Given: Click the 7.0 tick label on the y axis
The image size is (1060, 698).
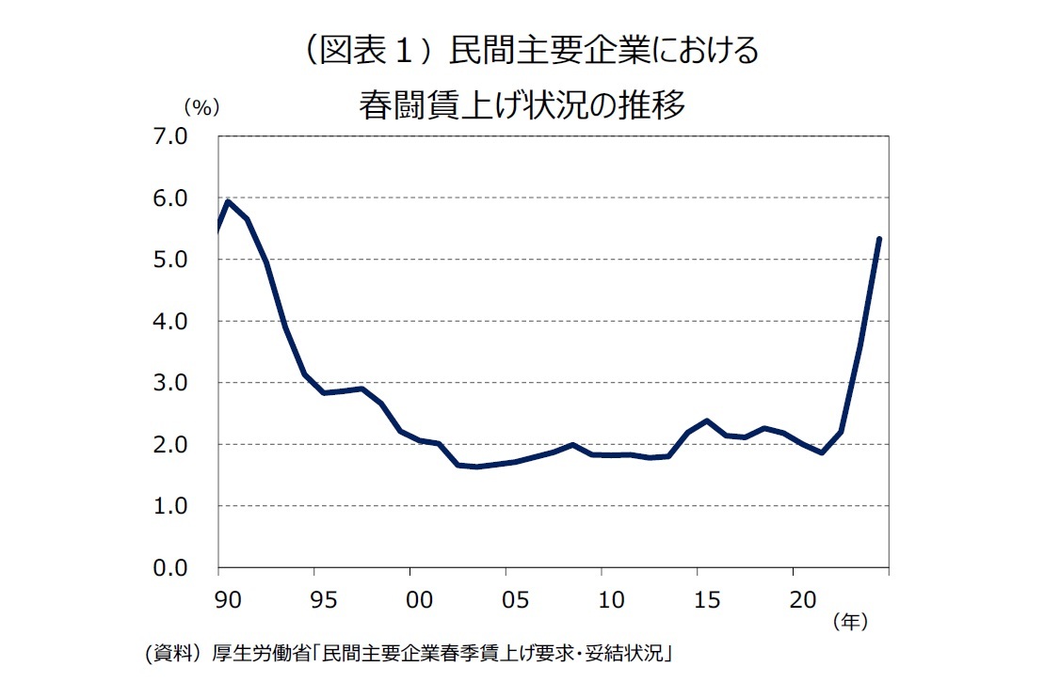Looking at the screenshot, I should click(192, 136).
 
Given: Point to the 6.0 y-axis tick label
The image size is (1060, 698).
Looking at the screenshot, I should click(192, 198).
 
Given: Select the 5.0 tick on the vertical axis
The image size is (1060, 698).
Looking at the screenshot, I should click(192, 260).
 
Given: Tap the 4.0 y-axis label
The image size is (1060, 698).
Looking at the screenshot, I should click(192, 322).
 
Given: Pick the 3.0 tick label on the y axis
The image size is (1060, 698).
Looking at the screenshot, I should click(192, 383).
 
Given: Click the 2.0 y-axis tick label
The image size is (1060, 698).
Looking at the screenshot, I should click(192, 445).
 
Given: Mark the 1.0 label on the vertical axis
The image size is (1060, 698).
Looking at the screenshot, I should click(192, 506).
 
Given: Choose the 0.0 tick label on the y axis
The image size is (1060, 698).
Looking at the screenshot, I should click(192, 568).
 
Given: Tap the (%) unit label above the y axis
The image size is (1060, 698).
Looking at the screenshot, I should click(201, 106).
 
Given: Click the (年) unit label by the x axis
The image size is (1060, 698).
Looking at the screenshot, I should click(849, 622).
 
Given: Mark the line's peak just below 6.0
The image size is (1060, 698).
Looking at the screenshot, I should click(228, 201).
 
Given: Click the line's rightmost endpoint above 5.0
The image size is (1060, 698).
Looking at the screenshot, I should click(878, 239).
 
